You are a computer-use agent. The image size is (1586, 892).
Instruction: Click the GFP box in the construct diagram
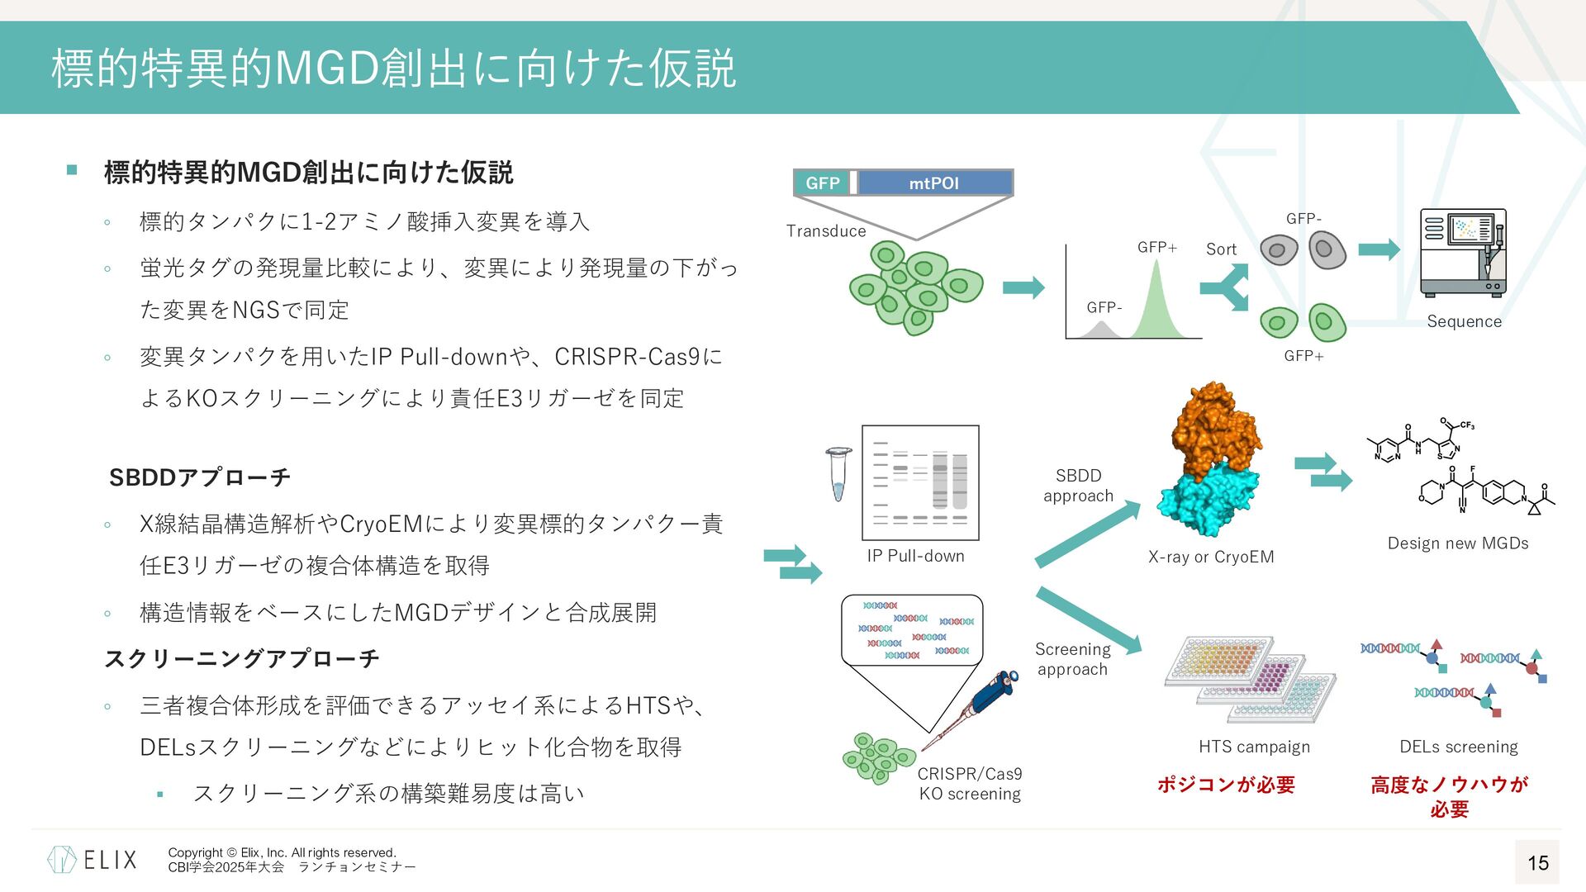click(822, 183)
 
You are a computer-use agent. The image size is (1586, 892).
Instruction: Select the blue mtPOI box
click(934, 183)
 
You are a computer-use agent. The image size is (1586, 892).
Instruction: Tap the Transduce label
click(826, 231)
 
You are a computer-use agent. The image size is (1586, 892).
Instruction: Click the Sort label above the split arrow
click(1221, 249)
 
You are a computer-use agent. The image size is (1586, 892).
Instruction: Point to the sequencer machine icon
click(1463, 253)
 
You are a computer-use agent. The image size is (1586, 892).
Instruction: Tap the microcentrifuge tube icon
click(838, 474)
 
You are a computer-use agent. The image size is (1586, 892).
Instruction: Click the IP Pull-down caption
click(915, 556)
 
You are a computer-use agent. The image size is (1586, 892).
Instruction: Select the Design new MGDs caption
click(1458, 543)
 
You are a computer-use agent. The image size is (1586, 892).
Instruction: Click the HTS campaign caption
click(1254, 747)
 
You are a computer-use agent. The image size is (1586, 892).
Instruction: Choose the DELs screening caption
click(1458, 747)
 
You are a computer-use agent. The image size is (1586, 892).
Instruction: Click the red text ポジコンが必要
click(1226, 785)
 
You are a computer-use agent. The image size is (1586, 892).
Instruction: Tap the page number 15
click(1537, 863)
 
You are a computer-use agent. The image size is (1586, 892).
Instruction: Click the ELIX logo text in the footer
click(110, 860)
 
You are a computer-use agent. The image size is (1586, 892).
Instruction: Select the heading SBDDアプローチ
click(199, 477)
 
